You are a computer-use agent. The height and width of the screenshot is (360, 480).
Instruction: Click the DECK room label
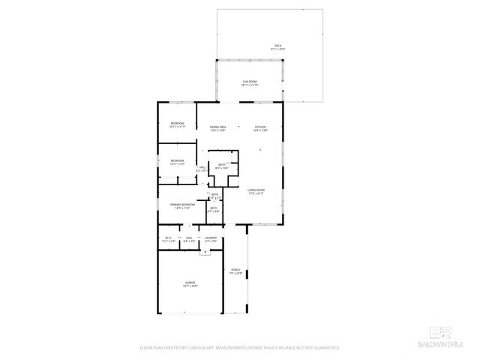point(277,45)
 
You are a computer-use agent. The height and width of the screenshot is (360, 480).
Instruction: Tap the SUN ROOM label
point(249,81)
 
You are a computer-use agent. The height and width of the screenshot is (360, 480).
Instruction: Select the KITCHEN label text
point(260,127)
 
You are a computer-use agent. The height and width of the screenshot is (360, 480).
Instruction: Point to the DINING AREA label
point(218,127)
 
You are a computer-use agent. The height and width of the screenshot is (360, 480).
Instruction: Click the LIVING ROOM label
point(256,190)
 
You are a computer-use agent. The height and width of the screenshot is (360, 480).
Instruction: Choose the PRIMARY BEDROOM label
point(182,204)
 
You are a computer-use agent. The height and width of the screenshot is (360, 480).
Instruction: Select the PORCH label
point(235,269)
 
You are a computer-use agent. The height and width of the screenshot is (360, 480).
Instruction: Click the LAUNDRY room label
point(211,237)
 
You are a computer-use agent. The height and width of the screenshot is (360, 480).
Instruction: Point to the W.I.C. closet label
point(168,237)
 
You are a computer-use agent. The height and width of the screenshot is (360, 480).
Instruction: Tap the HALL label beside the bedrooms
point(202,168)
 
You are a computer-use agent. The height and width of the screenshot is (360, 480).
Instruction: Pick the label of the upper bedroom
point(177,122)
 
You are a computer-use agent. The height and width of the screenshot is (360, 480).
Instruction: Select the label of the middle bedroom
point(177,160)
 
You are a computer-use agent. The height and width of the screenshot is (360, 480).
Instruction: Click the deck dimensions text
point(277,49)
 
